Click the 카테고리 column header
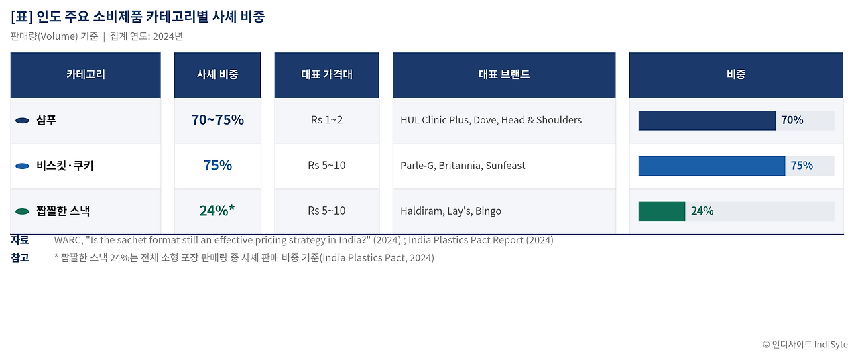pos(85,74)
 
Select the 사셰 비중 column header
pos(218,74)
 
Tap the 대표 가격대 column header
pos(326,74)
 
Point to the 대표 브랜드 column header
pos(504,74)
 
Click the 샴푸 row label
pos(46,120)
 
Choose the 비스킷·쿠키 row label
pos(65,166)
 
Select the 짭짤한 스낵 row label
pos(63,211)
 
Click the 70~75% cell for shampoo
pos(218,120)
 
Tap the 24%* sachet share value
pos(217,211)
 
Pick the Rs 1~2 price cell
pos(326,120)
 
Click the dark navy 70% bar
pos(707,121)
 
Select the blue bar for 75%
pos(712,166)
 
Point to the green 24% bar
pos(662,211)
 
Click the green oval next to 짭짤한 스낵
pos(22,211)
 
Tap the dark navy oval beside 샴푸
pos(22,121)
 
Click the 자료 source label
pos(20,240)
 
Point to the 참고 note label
pos(20,257)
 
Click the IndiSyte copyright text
pos(805,345)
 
